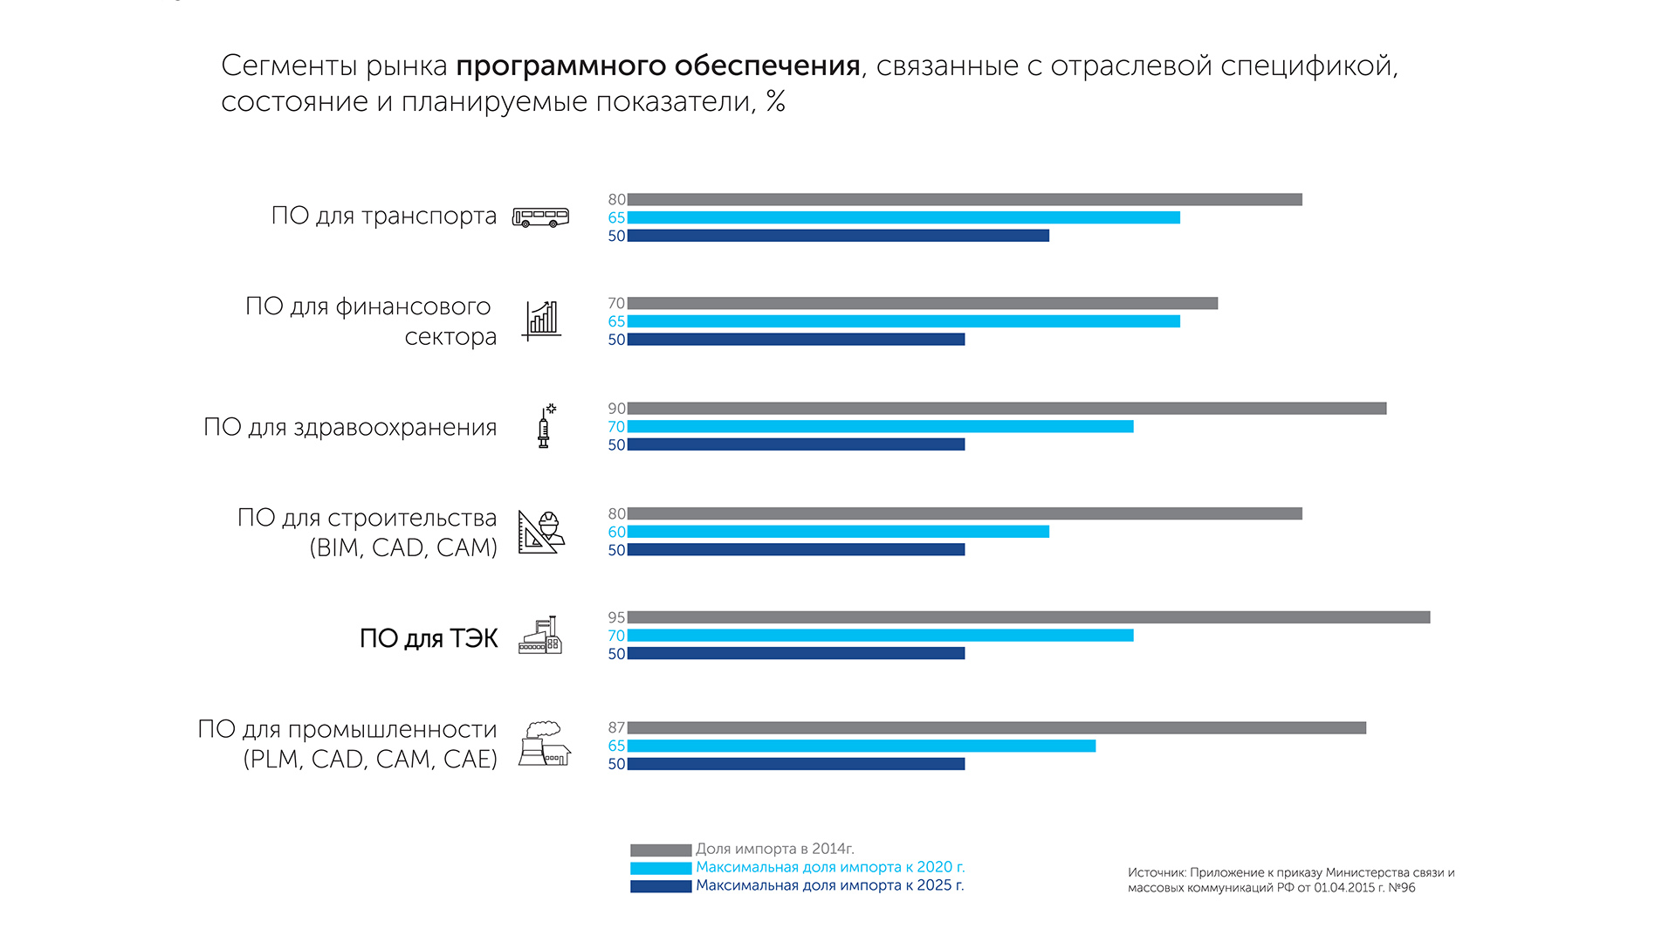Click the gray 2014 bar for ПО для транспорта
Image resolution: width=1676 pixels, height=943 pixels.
(x=965, y=200)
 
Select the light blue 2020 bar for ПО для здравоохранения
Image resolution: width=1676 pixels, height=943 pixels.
(x=880, y=427)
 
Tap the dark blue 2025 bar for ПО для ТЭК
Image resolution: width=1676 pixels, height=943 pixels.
(x=796, y=653)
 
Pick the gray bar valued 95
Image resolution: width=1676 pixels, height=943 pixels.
(x=1028, y=617)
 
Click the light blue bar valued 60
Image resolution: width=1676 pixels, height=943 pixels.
(x=838, y=532)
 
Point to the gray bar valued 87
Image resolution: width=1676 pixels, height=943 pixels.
(x=996, y=728)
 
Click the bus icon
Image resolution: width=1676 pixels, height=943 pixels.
(x=540, y=217)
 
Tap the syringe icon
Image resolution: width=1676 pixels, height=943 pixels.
(x=545, y=426)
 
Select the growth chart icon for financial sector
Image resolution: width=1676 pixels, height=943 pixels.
(x=541, y=320)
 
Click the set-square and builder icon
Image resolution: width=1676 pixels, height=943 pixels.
(x=541, y=532)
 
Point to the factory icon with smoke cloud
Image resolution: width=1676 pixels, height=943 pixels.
(x=545, y=744)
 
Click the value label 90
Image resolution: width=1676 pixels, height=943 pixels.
(x=616, y=409)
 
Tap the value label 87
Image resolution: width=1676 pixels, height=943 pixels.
(x=616, y=728)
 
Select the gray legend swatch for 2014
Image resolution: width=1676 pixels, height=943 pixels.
(x=661, y=850)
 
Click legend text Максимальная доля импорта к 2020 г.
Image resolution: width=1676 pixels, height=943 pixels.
(x=830, y=867)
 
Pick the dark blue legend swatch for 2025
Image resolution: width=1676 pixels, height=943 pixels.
(x=661, y=886)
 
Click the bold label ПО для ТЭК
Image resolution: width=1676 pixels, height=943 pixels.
(x=429, y=638)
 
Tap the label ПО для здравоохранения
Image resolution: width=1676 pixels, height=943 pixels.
(x=350, y=427)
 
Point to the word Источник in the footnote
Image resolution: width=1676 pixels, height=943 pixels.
(x=1156, y=872)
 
